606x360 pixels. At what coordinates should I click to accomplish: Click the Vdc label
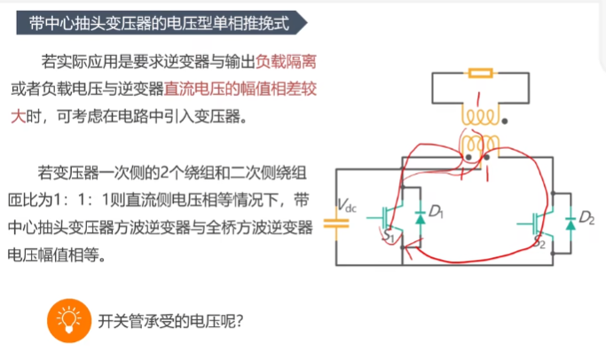click(x=346, y=207)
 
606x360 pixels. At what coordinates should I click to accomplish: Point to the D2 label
click(x=586, y=217)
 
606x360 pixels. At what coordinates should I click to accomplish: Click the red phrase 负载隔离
click(x=285, y=62)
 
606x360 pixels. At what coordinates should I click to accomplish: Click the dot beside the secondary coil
click(x=505, y=120)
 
